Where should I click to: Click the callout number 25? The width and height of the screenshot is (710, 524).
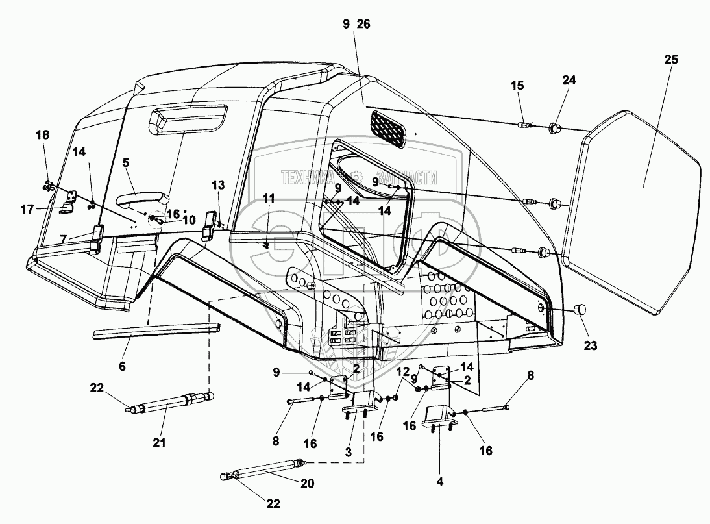tap(671, 60)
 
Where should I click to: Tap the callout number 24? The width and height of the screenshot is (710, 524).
tap(569, 81)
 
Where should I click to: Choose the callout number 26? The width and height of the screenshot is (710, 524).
tap(363, 24)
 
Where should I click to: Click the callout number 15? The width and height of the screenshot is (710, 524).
tap(517, 86)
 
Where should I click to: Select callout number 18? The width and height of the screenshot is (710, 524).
tap(42, 134)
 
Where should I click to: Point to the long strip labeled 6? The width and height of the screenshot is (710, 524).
tap(156, 330)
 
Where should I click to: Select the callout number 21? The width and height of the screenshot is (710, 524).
tap(159, 443)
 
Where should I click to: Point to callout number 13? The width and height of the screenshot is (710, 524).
tap(217, 186)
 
